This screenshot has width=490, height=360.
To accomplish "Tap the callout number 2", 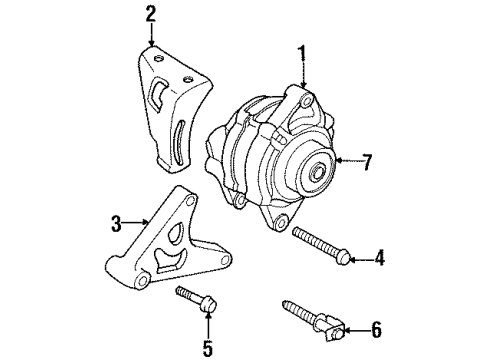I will [150, 14].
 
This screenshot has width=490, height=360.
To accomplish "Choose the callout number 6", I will [376, 327].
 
